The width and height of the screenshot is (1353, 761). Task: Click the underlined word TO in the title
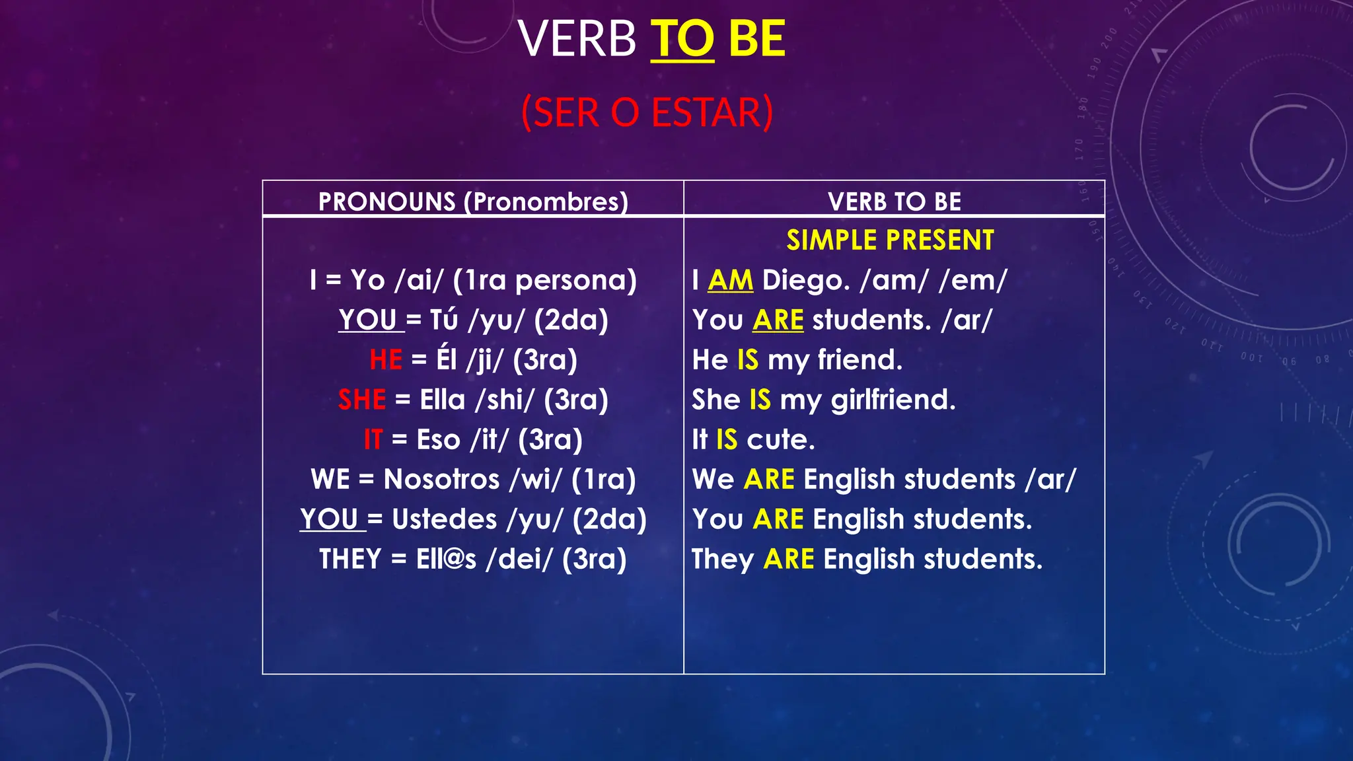point(682,39)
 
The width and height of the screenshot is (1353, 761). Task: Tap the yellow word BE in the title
point(756,39)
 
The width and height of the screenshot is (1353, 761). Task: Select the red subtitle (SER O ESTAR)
point(647,112)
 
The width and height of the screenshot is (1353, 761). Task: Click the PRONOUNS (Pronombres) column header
point(473,201)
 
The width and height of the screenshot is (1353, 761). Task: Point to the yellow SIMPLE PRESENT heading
point(890,240)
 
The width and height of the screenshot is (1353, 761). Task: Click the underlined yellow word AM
point(730,280)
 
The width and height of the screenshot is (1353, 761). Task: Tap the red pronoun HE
point(386,360)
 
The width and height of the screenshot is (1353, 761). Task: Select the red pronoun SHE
point(362,400)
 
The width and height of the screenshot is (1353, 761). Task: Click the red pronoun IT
point(373,440)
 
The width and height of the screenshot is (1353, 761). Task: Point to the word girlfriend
point(893,400)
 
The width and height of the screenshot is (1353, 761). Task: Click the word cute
point(780,440)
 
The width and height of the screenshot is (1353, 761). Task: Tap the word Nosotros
point(441,480)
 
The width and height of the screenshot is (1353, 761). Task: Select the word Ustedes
point(444,519)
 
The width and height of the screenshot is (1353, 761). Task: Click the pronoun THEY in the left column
point(350,559)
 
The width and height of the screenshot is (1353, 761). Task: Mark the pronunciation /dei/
point(519,559)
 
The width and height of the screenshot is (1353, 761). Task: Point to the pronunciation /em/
point(972,280)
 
